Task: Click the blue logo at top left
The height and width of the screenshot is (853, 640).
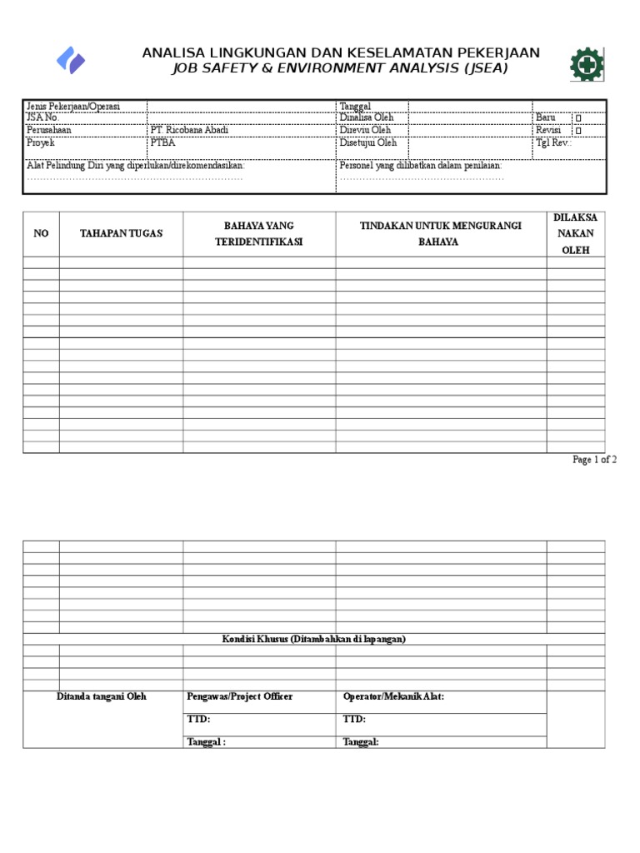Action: (x=71, y=60)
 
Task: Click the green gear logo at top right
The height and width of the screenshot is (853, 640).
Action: (x=587, y=64)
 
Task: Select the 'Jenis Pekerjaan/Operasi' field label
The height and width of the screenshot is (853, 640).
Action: (x=73, y=106)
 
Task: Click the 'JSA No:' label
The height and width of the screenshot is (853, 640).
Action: (x=42, y=117)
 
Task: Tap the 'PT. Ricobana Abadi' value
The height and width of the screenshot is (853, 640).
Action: (x=188, y=130)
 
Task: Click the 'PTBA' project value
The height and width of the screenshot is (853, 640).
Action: (x=162, y=142)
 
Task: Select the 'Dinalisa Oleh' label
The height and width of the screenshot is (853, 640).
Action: (x=367, y=117)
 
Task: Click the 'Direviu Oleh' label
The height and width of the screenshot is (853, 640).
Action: (x=365, y=130)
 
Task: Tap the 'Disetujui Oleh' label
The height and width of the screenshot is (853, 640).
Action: (x=368, y=142)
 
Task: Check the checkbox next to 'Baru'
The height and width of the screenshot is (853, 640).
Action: (x=578, y=118)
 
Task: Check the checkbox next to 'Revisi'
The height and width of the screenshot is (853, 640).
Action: (x=578, y=131)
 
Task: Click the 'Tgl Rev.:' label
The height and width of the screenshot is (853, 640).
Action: (x=554, y=142)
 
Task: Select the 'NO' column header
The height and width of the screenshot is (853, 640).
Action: (x=41, y=233)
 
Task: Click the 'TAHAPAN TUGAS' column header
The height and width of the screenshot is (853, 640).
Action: (x=121, y=233)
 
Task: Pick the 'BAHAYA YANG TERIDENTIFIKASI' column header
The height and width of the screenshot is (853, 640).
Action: (x=259, y=233)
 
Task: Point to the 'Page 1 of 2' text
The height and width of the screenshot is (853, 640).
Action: (x=594, y=460)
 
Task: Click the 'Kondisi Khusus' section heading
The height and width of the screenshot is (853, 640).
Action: (x=313, y=639)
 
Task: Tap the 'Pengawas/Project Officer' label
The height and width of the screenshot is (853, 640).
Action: (x=240, y=696)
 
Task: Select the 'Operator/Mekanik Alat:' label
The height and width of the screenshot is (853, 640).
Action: (x=393, y=696)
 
